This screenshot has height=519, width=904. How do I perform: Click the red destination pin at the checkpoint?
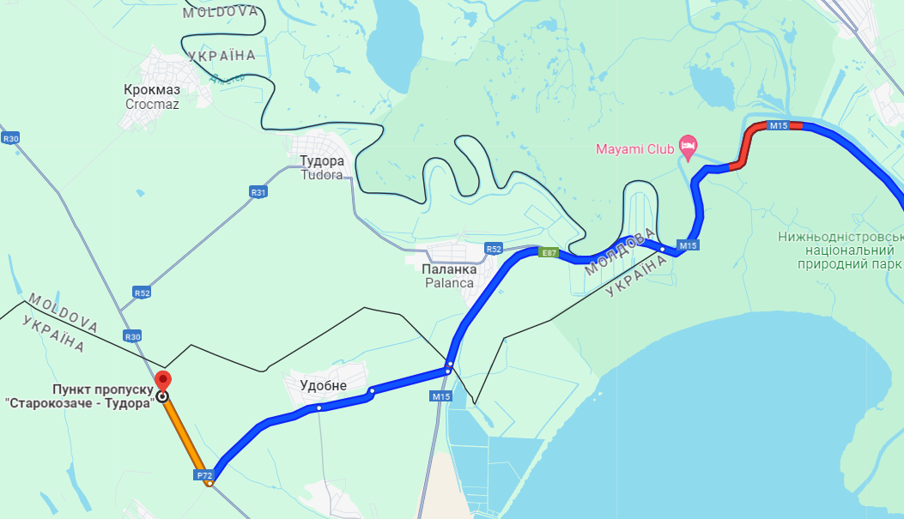pyautogui.click(x=162, y=380)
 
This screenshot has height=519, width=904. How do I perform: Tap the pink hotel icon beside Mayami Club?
pyautogui.click(x=688, y=144)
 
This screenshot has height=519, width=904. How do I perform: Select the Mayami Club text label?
pyautogui.click(x=635, y=149)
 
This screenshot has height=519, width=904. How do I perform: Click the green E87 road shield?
pyautogui.click(x=549, y=252)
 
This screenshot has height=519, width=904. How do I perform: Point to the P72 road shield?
pyautogui.click(x=203, y=474)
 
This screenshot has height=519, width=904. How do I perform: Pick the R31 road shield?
pyautogui.click(x=258, y=191)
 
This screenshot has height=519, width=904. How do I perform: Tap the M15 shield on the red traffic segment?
pyautogui.click(x=778, y=126)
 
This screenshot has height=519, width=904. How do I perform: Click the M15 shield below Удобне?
pyautogui.click(x=441, y=396)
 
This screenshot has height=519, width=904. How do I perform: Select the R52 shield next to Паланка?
pyautogui.click(x=493, y=249)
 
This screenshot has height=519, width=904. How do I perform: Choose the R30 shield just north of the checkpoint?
pyautogui.click(x=132, y=336)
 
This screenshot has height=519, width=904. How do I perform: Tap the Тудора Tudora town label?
pyautogui.click(x=322, y=168)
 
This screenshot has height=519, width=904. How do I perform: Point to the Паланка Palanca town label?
pyautogui.click(x=448, y=275)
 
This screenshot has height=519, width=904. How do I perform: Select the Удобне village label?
pyautogui.click(x=323, y=386)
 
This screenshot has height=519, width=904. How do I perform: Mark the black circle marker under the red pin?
pyautogui.click(x=162, y=396)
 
